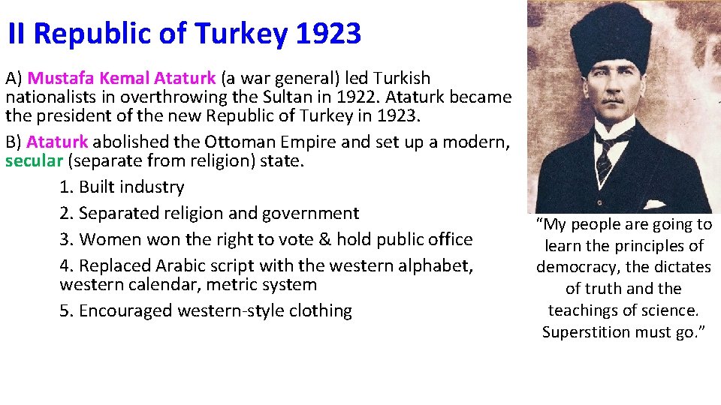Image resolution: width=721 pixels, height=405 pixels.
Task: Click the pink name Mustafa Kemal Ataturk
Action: pos(122,78)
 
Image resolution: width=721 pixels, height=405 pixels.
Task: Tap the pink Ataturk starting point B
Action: pos(57,142)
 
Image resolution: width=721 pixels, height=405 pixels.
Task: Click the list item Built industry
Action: pos(131,187)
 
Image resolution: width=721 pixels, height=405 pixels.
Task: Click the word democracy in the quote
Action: pos(578,267)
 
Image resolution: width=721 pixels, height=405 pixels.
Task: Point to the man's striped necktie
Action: pos(603,160)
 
